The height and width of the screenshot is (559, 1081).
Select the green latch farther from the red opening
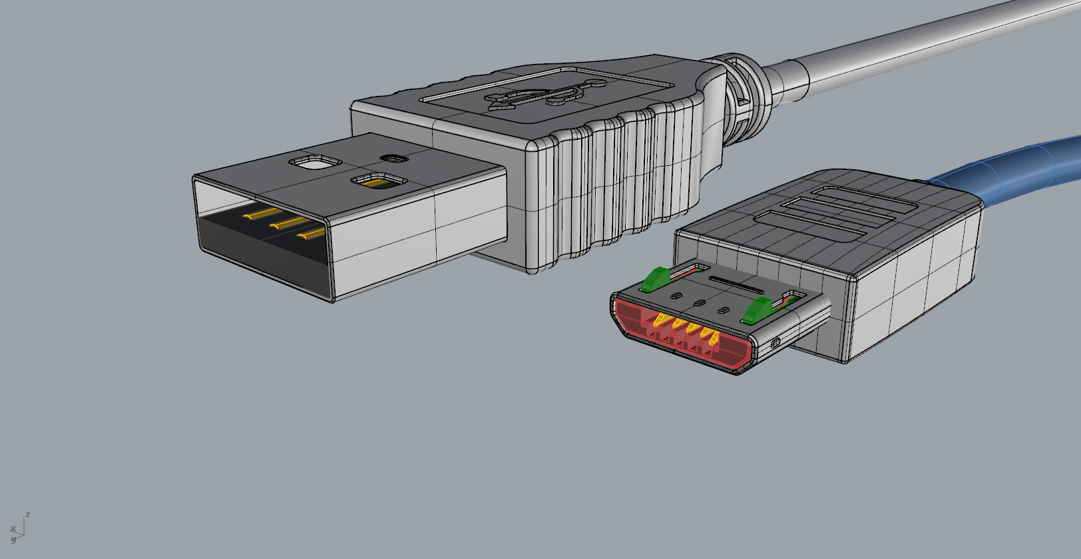tap(654, 279)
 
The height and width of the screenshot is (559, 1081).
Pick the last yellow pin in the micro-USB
tap(711, 336)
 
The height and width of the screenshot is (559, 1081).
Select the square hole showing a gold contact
tap(379, 181)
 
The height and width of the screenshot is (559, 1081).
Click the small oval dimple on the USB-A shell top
tap(394, 159)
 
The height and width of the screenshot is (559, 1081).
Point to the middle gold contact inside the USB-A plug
tap(286, 223)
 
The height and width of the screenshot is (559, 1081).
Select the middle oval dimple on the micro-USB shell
tap(699, 303)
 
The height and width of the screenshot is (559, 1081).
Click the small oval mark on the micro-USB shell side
tap(775, 343)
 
